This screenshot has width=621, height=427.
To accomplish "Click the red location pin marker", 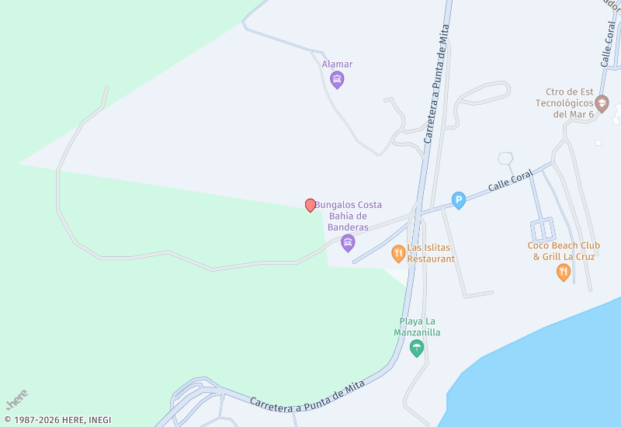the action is click(x=310, y=205).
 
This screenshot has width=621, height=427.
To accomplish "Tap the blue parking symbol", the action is click(x=459, y=201).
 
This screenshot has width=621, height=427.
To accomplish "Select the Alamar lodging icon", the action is click(x=337, y=79).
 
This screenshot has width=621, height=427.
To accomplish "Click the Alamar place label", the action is click(x=337, y=64).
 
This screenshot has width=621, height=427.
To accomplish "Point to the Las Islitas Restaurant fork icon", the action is click(x=398, y=252).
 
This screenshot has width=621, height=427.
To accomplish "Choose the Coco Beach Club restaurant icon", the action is click(x=564, y=272).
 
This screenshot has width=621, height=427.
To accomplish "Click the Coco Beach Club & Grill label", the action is click(x=564, y=251).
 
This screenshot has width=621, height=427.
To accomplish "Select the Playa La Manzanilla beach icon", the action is click(x=417, y=348).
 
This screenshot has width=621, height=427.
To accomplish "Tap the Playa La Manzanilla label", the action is click(x=417, y=327).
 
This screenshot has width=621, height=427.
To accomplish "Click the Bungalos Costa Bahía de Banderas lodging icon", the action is click(x=348, y=244).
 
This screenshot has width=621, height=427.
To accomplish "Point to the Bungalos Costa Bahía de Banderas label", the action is click(x=348, y=216).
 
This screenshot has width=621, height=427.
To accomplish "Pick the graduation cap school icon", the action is click(x=602, y=102).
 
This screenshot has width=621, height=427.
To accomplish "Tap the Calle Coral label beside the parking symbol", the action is click(x=510, y=180).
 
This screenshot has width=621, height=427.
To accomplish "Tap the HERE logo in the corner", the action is click(x=16, y=399).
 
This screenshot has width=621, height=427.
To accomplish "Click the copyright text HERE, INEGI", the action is click(x=57, y=420).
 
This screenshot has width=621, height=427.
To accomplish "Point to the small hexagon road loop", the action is click(x=506, y=159).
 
